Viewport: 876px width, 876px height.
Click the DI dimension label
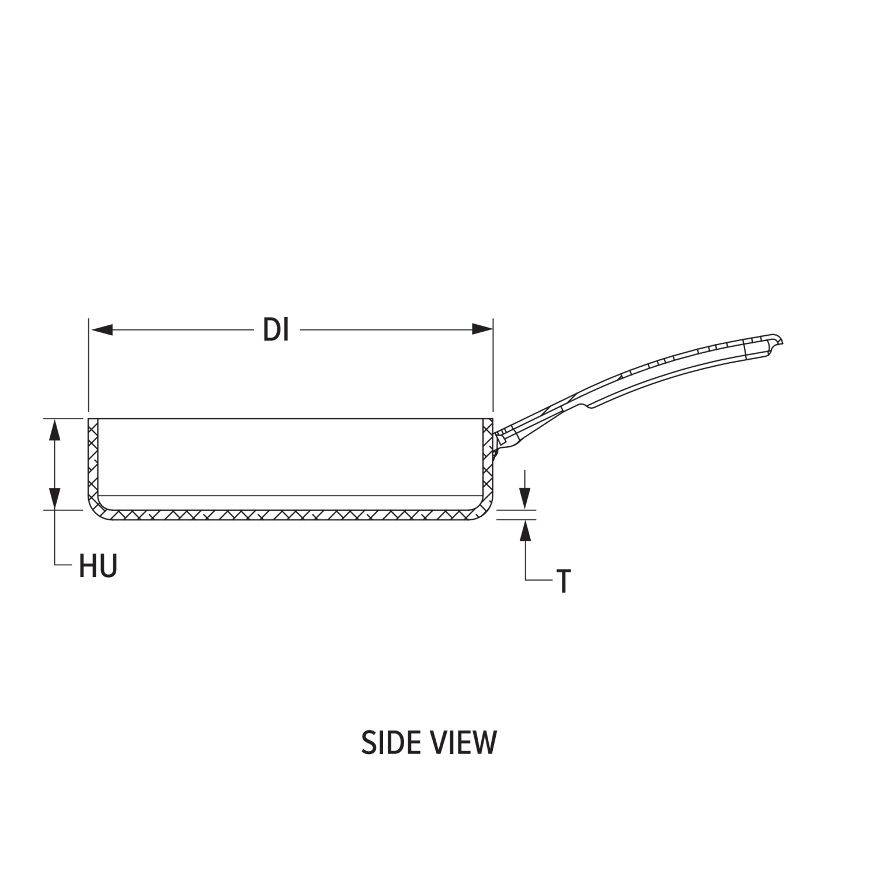coord(276,331)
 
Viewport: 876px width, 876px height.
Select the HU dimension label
coord(98,566)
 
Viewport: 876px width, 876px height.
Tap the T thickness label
coord(563,582)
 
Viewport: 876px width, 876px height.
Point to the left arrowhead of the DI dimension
coord(101,330)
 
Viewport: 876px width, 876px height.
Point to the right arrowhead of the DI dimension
coord(482,330)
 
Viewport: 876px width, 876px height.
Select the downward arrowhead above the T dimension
coord(526,498)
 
